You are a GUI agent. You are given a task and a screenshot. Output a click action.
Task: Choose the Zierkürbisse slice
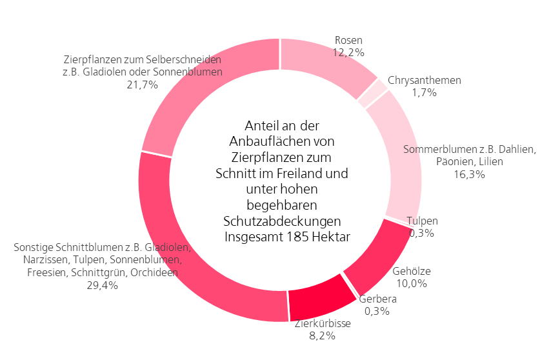[x=316, y=298]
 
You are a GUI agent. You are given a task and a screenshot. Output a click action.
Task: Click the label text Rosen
[x=348, y=40]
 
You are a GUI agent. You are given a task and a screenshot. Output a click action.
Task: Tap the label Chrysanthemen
[x=425, y=81]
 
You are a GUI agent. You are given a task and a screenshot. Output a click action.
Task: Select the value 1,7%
[x=425, y=92]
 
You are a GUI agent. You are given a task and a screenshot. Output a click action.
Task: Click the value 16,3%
[x=469, y=174]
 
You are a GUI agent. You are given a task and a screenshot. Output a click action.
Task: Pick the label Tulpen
[x=423, y=221]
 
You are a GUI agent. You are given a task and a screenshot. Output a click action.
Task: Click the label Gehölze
[x=411, y=271]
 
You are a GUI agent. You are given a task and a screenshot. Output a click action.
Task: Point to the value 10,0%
[x=411, y=283]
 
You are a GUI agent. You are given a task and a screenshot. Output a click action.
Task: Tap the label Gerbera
[x=378, y=299]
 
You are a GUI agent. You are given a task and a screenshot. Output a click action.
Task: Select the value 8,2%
[x=323, y=335]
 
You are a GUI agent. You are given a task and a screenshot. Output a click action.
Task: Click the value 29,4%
[x=103, y=285]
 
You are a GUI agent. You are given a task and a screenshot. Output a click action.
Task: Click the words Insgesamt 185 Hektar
[x=288, y=237]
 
